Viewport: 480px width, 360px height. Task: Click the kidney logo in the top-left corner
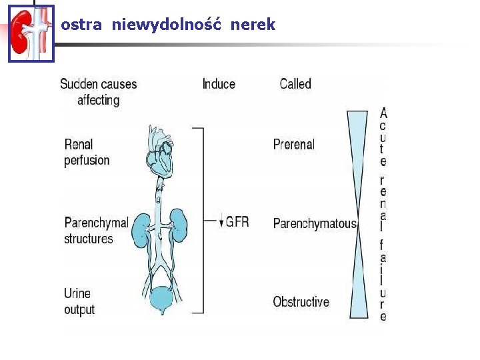click(31, 33)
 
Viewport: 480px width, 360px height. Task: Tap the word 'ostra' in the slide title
click(81, 25)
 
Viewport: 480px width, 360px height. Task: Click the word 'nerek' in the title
click(253, 25)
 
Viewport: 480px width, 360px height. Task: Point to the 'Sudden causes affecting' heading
click(98, 92)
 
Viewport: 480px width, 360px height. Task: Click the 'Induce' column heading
click(219, 84)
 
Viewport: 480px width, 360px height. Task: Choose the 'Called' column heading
click(295, 84)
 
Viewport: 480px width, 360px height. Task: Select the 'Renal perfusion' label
click(87, 152)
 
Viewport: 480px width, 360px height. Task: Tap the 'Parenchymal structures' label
click(96, 230)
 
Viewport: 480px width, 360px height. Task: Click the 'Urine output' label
click(79, 301)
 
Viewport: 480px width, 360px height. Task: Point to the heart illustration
click(159, 151)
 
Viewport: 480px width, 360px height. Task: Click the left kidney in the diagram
click(141, 227)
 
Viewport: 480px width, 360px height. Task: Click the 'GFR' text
click(237, 221)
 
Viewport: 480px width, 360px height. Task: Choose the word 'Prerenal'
click(293, 145)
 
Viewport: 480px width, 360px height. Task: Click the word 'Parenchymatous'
click(315, 223)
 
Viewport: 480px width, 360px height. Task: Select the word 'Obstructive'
click(301, 302)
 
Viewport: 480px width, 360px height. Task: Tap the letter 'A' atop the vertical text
click(383, 113)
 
